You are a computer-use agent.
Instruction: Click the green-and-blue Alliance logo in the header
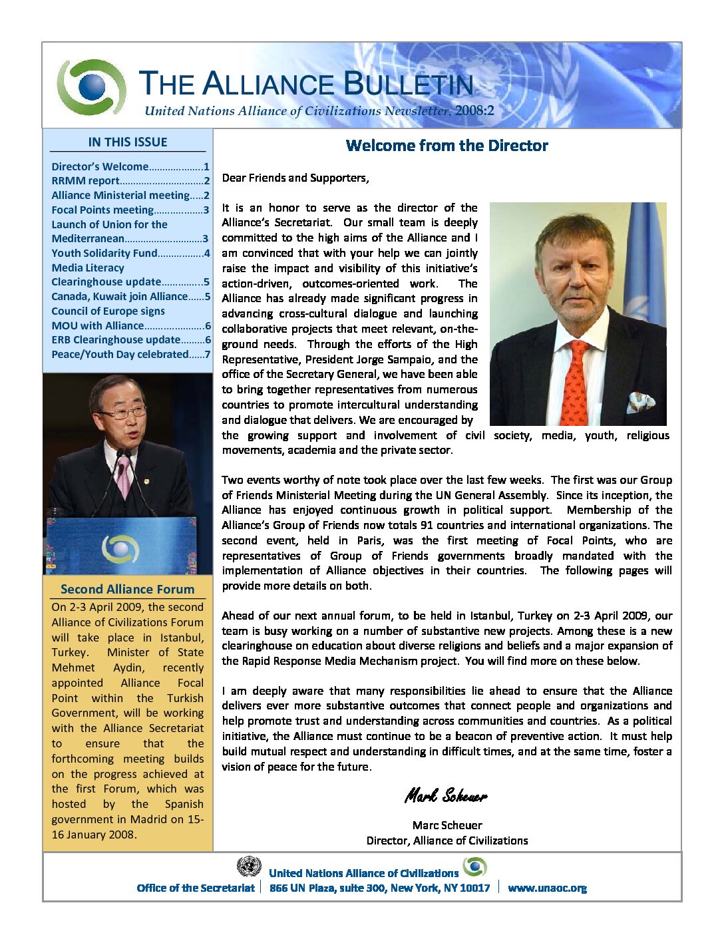coord(91,87)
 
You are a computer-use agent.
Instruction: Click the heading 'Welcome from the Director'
coord(447,146)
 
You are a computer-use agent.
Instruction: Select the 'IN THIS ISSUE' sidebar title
coord(127,142)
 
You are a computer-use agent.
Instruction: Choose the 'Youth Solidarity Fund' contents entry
coord(104,253)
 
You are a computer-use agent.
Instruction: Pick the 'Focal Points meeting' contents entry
coord(102,210)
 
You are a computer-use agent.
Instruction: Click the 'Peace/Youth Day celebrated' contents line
coord(120,354)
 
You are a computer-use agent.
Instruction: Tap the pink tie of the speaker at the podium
coord(124,475)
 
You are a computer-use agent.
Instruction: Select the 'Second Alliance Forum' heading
coord(127,589)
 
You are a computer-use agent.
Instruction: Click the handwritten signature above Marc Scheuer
coord(446,795)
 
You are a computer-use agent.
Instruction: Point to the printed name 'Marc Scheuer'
coord(447,825)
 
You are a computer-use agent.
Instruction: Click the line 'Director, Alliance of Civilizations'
coord(447,841)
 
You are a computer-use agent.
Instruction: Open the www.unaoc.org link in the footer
coord(547,888)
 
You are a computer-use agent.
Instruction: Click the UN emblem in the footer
coord(249,866)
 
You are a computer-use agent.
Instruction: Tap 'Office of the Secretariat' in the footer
coord(196,888)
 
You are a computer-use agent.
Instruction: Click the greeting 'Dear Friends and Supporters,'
coord(295,178)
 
